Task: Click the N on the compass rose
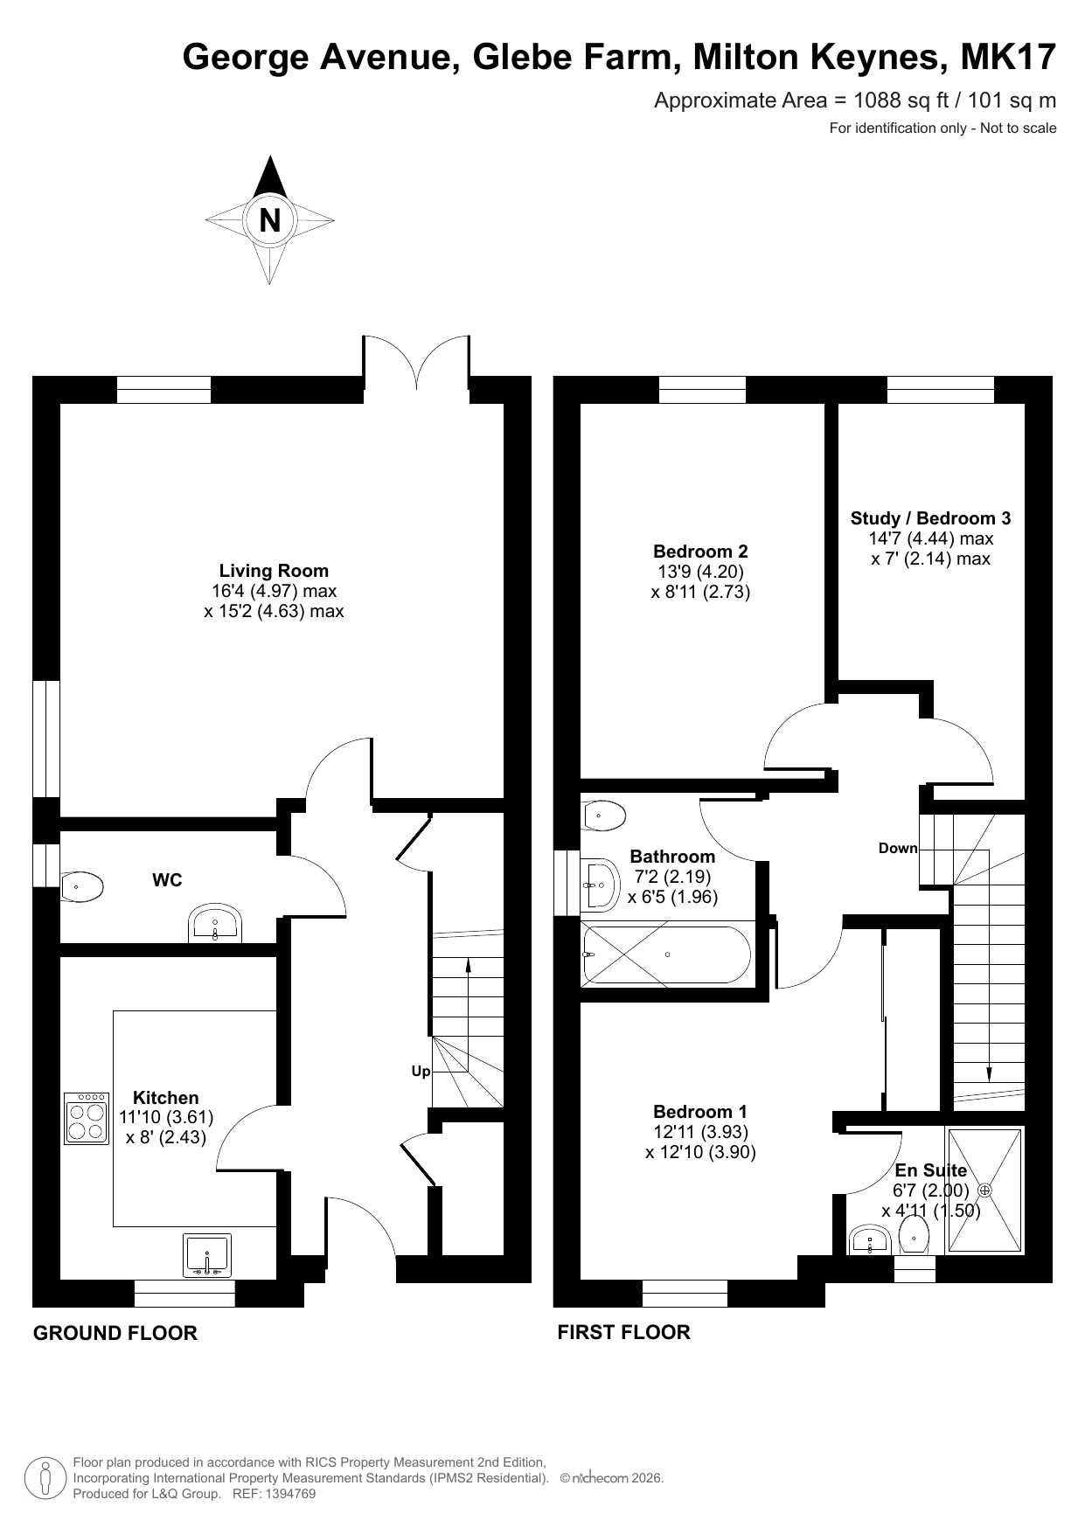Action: [270, 220]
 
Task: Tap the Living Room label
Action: [274, 571]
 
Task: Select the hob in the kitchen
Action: [87, 1118]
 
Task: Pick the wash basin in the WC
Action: [215, 925]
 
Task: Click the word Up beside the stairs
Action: [421, 1072]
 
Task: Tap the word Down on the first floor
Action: [898, 848]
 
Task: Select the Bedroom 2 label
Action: [700, 552]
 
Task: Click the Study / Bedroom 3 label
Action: [930, 518]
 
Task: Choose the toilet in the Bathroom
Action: [603, 816]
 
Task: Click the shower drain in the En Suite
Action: [984, 1190]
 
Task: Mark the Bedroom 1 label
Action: [700, 1112]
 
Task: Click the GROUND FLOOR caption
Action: [115, 1333]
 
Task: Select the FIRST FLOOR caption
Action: [624, 1332]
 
